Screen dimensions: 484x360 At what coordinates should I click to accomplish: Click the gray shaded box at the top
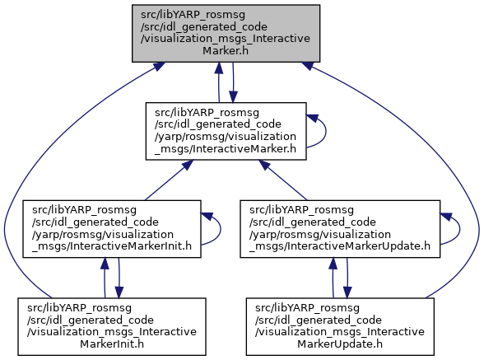(226, 34)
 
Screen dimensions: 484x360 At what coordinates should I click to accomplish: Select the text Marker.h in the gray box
(226, 51)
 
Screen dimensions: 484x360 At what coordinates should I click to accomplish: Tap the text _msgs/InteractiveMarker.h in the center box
(226, 148)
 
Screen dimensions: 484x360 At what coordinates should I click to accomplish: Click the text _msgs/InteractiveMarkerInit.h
(112, 246)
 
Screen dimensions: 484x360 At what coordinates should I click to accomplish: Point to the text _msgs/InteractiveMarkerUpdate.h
(340, 246)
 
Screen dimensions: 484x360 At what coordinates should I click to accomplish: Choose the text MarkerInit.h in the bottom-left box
(112, 344)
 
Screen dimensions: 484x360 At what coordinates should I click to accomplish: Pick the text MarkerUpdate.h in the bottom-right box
(340, 344)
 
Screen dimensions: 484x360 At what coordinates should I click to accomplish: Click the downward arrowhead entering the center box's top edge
(234, 97)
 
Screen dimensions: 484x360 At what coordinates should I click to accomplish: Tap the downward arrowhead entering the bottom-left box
(119, 292)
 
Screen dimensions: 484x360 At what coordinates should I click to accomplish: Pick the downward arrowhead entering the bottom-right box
(347, 292)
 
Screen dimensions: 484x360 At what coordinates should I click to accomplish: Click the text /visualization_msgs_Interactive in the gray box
(226, 39)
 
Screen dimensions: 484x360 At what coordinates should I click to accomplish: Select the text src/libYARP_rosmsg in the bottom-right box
(307, 308)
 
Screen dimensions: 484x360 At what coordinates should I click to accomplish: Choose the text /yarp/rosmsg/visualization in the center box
(226, 136)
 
